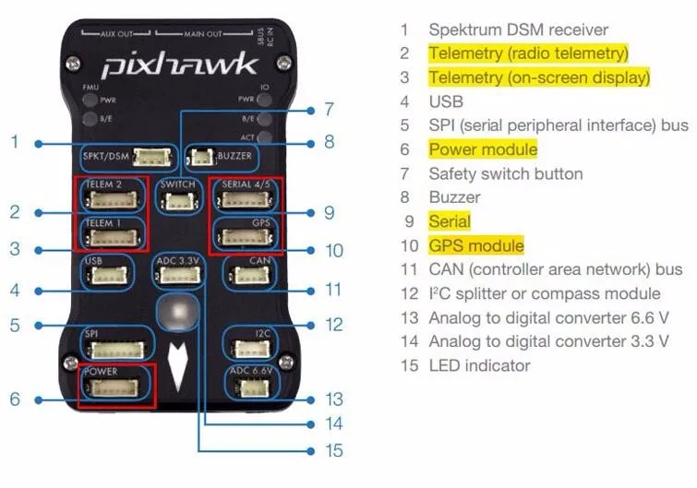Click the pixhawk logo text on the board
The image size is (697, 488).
coord(180,65)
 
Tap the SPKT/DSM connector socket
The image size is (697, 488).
coord(152,157)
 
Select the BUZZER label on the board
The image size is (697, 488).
coord(234,156)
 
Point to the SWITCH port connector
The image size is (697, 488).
coord(177,202)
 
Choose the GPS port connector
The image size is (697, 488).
coord(245,237)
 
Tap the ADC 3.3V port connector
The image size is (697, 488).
coord(180,275)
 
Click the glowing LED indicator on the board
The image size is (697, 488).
coord(178,312)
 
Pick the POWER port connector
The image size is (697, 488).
coord(114,387)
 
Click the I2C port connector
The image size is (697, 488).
coord(252,349)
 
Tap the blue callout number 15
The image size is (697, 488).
coord(334,450)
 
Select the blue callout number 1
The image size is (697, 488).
coord(15,142)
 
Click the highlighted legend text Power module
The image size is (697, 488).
coord(483,149)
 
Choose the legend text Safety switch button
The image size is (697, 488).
coord(506,173)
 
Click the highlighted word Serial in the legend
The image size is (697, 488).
coord(450,221)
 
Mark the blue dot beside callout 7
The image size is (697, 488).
coord(311,110)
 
